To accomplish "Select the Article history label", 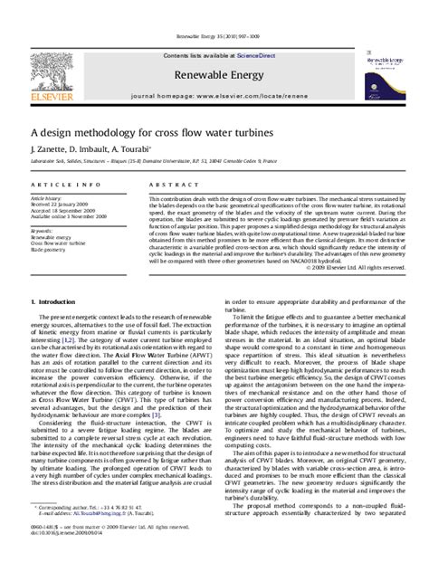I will click(x=46, y=196).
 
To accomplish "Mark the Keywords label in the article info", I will click(x=42, y=230).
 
